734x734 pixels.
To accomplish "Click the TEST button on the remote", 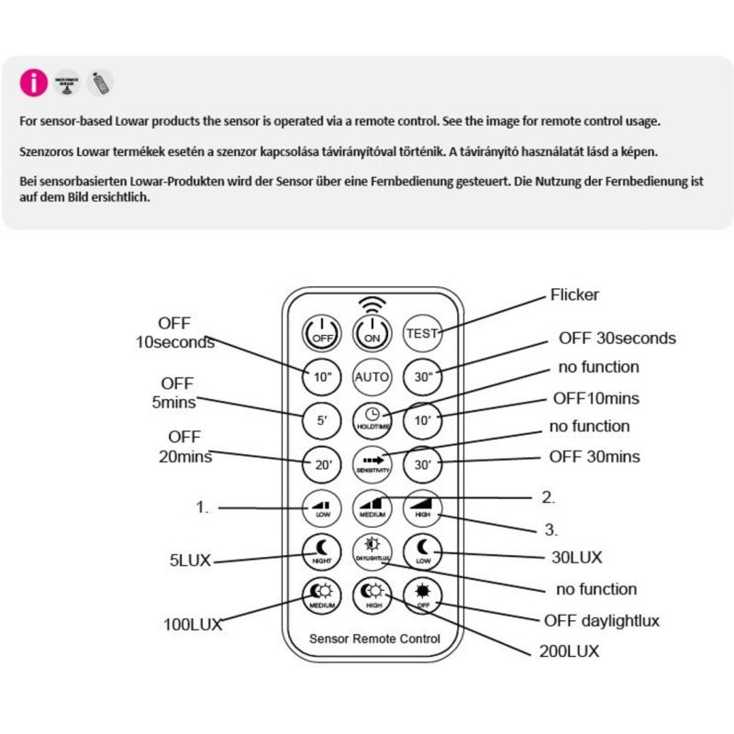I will pos(422,333).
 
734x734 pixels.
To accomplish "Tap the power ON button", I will pos(372,333).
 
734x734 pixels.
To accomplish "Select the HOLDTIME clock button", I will pos(372,417).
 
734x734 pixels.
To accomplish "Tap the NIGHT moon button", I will pos(322,552).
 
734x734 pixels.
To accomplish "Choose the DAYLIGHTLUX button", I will pos(372,552).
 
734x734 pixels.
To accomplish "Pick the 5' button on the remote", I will pos(322,419).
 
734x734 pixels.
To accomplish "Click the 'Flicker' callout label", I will pos(574,295).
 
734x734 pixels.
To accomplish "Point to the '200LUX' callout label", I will pos(569,651).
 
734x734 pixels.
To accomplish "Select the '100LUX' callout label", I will pos(193,624).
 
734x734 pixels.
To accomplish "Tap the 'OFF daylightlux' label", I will pos(602,621).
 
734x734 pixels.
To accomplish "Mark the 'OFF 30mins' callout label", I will pos(595,456).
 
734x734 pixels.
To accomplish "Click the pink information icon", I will pos(33,83).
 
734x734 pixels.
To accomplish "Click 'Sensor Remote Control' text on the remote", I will pos(374,639).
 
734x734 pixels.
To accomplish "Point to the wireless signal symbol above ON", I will pos(372,303).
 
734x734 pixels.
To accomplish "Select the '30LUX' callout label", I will pos(576,556).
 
